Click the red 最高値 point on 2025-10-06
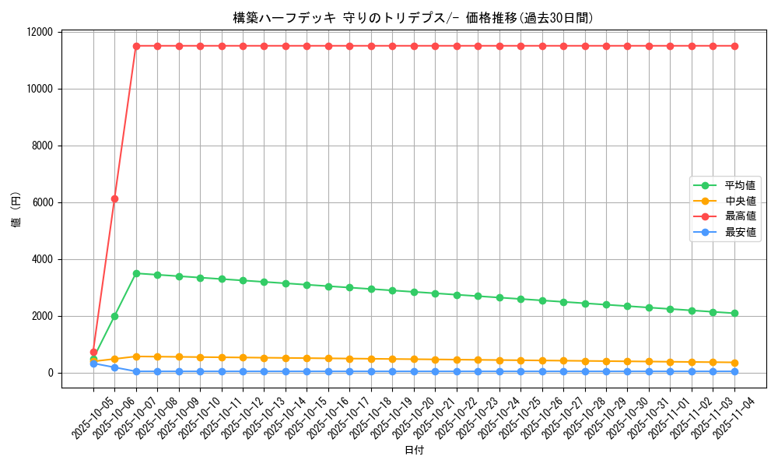(114, 198)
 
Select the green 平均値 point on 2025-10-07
(136, 273)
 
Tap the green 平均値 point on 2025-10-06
(114, 316)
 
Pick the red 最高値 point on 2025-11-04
(734, 46)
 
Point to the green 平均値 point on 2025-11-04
(734, 313)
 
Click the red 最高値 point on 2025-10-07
(136, 46)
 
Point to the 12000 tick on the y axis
(39, 32)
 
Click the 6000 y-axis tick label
(42, 202)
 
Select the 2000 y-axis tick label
(42, 316)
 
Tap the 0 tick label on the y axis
(51, 373)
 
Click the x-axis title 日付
(414, 450)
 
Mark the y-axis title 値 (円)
(16, 209)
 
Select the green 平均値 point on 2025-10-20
(414, 292)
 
